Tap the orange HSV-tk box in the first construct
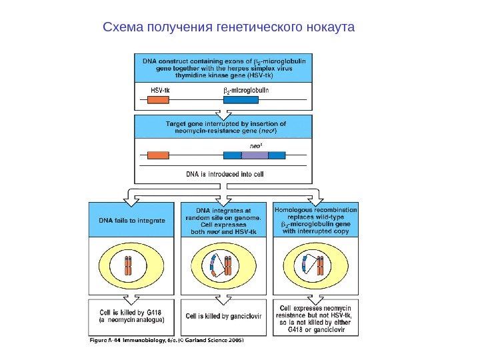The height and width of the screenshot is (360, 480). tap(158, 101)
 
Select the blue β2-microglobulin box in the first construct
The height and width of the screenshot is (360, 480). tap(241, 101)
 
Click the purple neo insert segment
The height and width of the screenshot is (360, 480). tap(254, 155)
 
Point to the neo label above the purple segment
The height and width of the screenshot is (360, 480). tap(255, 144)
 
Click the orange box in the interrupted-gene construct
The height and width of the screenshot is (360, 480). tap(158, 155)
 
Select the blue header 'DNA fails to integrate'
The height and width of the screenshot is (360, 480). tap(132, 219)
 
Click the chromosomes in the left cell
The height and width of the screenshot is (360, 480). tap(128, 267)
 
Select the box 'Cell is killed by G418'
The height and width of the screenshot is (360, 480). tap(132, 317)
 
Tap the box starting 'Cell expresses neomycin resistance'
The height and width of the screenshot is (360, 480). tap(320, 318)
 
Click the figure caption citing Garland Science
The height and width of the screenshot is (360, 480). tap(167, 341)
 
